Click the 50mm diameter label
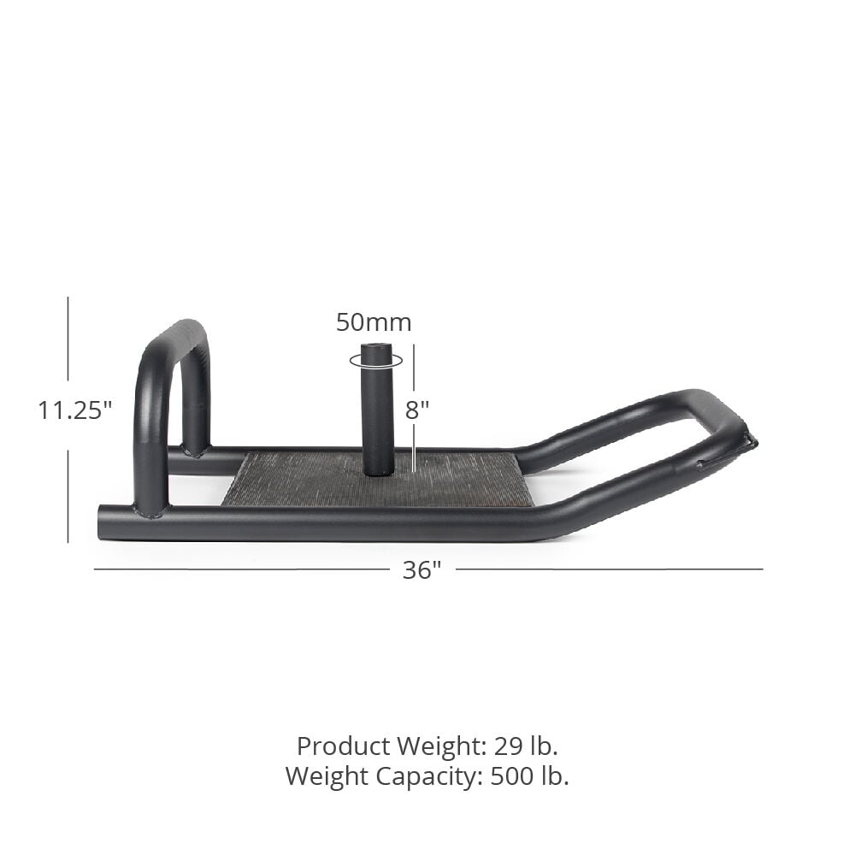point(374,322)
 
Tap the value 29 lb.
point(526,746)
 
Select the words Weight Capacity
point(383,776)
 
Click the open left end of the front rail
point(104,522)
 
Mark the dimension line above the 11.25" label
point(68,342)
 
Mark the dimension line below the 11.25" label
point(68,496)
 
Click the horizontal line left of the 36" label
point(239,569)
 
